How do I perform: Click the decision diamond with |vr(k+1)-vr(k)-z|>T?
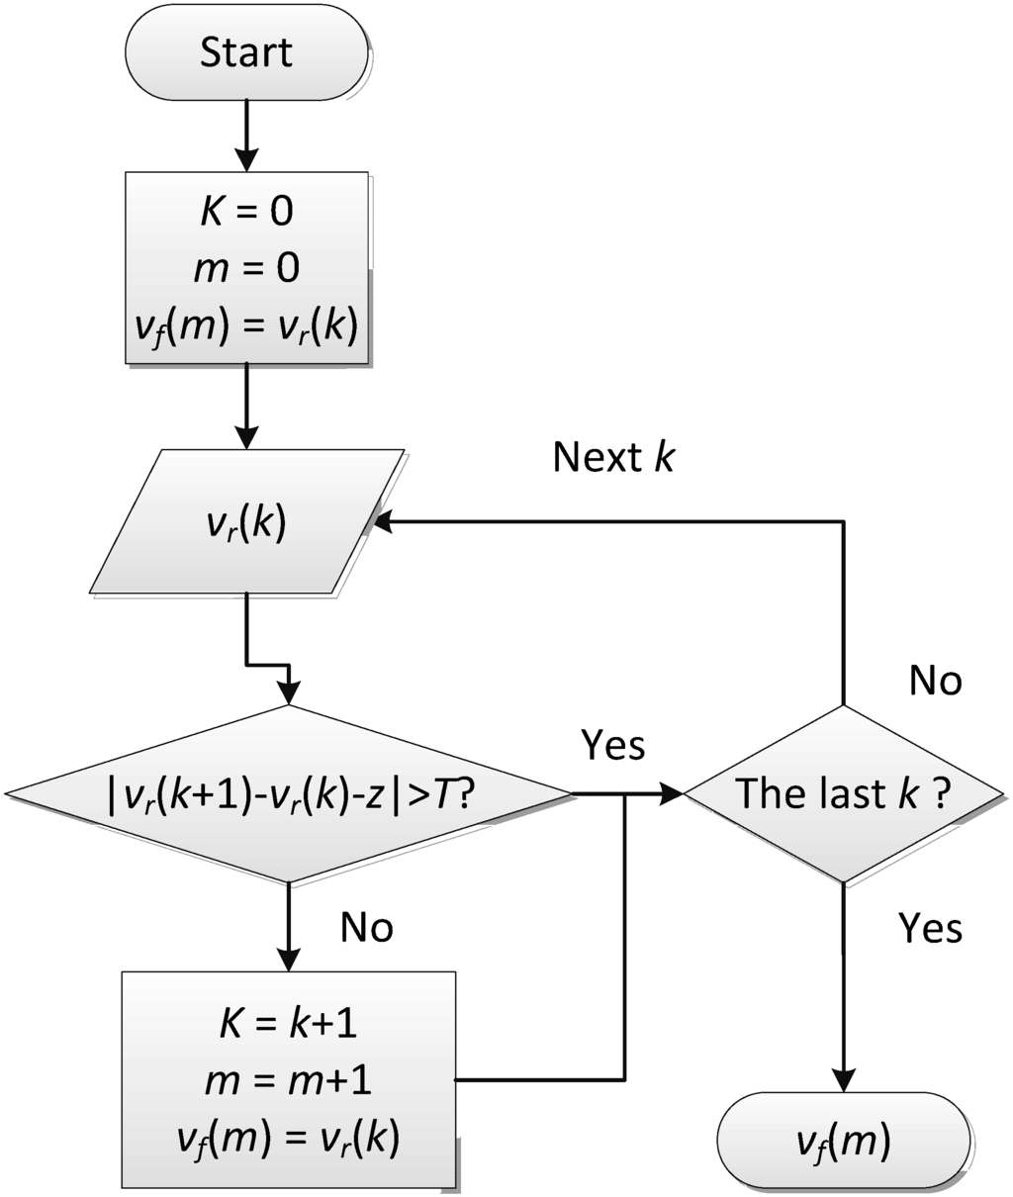288,793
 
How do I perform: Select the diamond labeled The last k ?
842,793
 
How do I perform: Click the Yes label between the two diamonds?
613,746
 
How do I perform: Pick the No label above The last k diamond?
935,682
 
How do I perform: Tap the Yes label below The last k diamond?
930,928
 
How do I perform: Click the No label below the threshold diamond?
367,927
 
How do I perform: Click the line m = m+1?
289,1081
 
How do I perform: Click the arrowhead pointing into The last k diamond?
675,793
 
